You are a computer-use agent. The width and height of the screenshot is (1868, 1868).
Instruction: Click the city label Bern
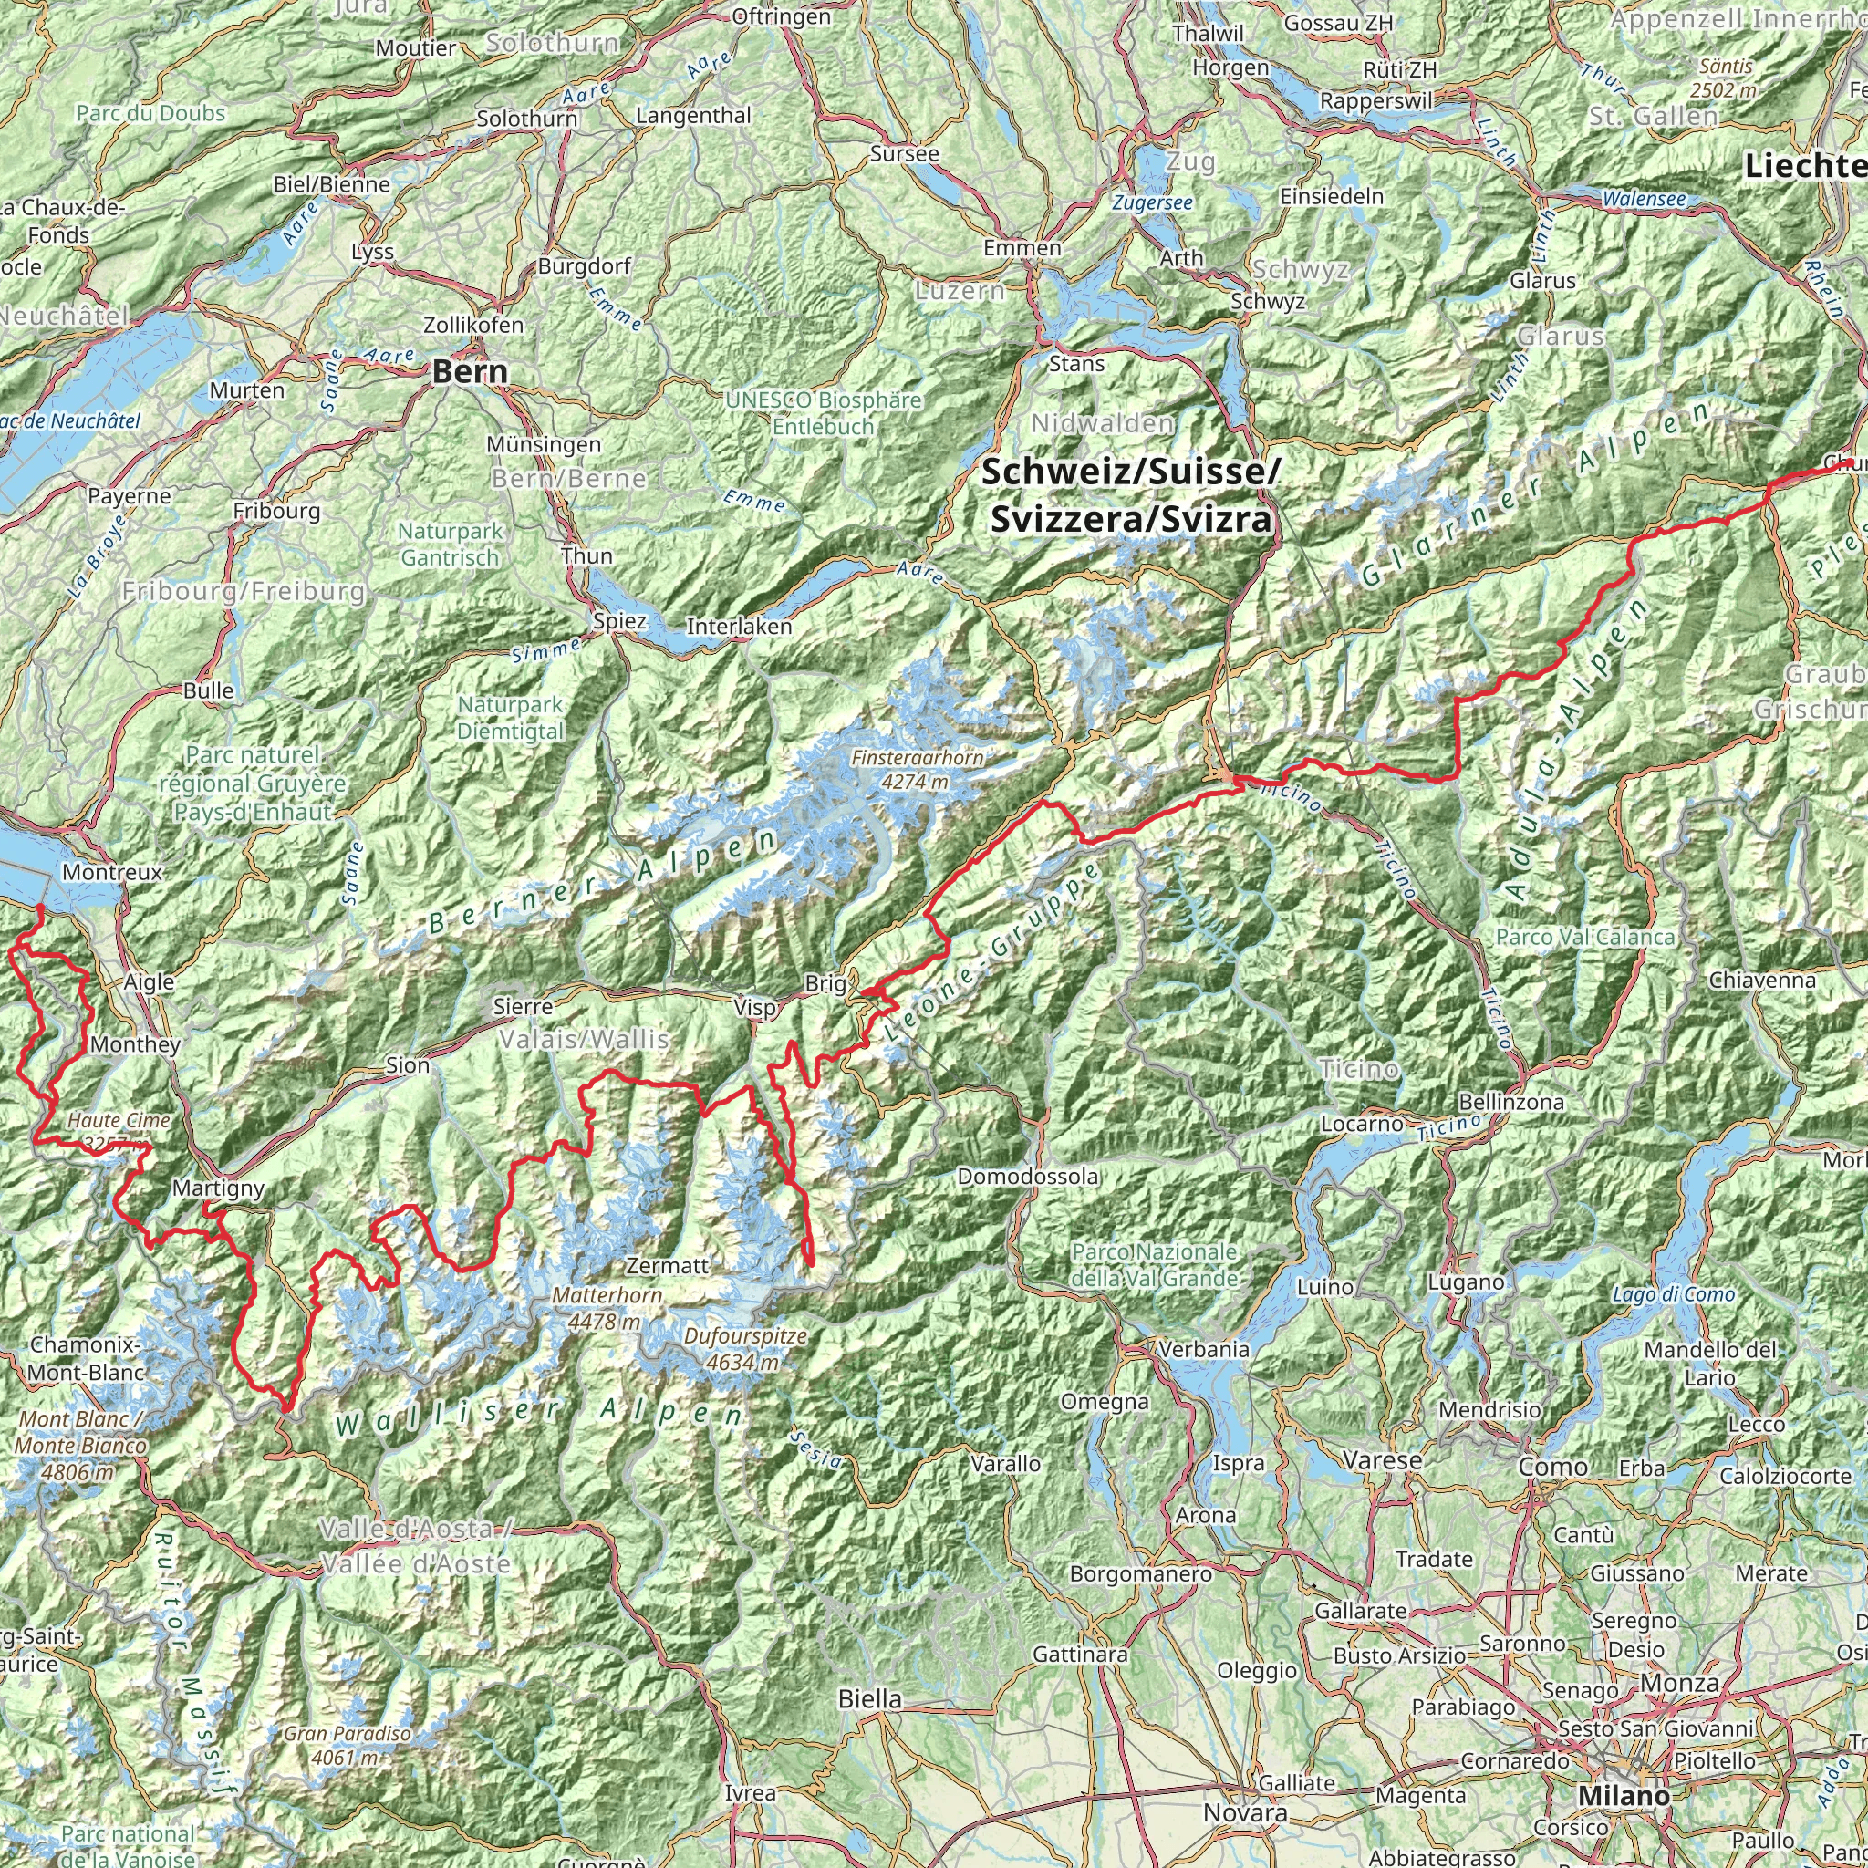point(469,371)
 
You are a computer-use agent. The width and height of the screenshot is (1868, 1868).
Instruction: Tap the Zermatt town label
point(667,1265)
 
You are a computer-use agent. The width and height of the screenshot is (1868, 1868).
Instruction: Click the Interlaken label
point(739,627)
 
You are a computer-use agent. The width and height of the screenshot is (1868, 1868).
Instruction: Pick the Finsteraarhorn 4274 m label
point(917,770)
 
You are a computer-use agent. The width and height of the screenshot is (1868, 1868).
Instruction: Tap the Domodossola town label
point(1028,1177)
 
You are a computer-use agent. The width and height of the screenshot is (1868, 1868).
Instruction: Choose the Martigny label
point(218,1188)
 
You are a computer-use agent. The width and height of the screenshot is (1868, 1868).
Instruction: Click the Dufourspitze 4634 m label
point(743,1349)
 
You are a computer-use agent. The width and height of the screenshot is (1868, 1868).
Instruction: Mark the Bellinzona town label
point(1510,1101)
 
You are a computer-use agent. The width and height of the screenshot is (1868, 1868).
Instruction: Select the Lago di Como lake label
point(1673,1294)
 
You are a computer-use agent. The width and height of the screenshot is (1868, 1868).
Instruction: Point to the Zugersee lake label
point(1152,203)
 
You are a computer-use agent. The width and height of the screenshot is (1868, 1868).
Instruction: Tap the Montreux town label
point(112,872)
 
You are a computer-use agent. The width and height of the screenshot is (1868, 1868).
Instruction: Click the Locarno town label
point(1363,1124)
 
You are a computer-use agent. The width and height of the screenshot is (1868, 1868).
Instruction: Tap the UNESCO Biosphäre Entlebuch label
point(825,413)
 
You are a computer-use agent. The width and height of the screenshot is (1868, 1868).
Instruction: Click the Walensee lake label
point(1644,199)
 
